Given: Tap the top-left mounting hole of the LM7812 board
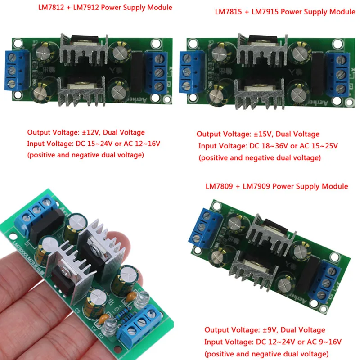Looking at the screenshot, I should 18,44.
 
